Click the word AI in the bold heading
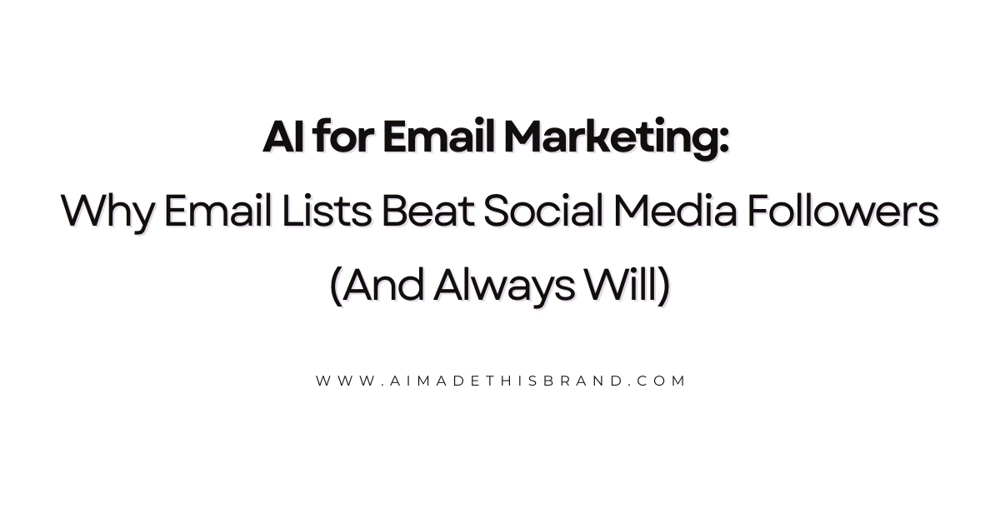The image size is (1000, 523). pos(283,137)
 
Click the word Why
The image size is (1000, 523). pos(107,213)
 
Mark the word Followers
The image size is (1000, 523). pos(842,212)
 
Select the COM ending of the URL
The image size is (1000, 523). pos(662,381)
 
